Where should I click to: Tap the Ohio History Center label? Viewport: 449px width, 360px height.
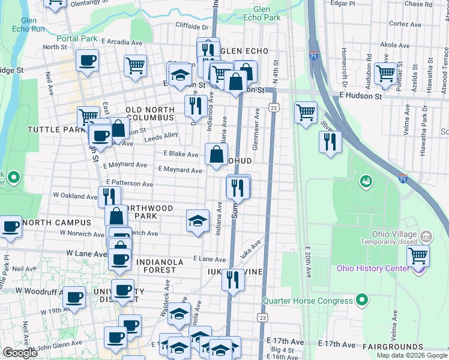pyautogui.click(x=373, y=268)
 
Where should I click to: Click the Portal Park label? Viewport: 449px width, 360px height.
pyautogui.click(x=77, y=38)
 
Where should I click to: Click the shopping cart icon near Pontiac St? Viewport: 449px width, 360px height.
pyautogui.click(x=385, y=73)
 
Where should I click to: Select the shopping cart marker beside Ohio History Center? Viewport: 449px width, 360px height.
pyautogui.click(x=418, y=256)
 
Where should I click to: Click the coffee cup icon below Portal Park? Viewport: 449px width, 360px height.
pyautogui.click(x=88, y=60)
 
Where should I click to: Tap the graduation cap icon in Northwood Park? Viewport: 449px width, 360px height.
pyautogui.click(x=197, y=220)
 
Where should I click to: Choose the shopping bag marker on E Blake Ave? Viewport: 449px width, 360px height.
pyautogui.click(x=215, y=154)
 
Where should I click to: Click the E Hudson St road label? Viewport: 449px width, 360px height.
pyautogui.click(x=360, y=95)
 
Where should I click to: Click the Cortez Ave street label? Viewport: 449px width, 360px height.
pyautogui.click(x=399, y=24)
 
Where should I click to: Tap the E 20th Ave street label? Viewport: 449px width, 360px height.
pyautogui.click(x=308, y=262)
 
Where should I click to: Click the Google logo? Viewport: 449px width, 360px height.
pyautogui.click(x=20, y=353)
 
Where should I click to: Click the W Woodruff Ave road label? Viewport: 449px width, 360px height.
pyautogui.click(x=40, y=290)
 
